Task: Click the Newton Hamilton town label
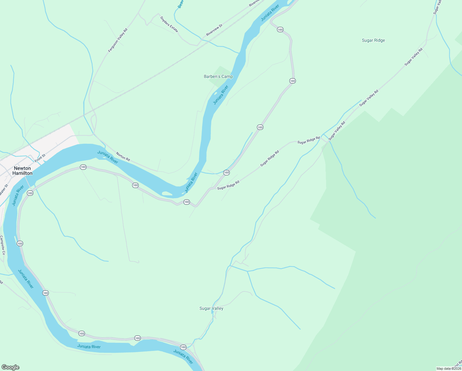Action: [x=23, y=171]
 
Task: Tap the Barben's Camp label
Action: [x=218, y=76]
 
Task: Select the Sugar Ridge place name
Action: [x=373, y=40]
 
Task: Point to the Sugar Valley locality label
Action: [x=211, y=308]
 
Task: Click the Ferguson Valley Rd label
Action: [x=118, y=40]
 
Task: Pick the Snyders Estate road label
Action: [x=169, y=24]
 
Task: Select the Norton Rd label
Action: [x=123, y=156]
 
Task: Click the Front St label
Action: [x=40, y=158]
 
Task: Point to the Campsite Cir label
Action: [x=3, y=245]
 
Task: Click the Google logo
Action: [x=10, y=367]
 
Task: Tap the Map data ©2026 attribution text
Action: [x=449, y=369]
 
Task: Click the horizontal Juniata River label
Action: [x=89, y=347]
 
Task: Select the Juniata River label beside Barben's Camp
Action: [x=220, y=95]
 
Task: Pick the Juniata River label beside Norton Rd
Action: [x=108, y=157]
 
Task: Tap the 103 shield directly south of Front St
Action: [x=30, y=193]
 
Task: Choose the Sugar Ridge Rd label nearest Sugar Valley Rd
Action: [x=308, y=140]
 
